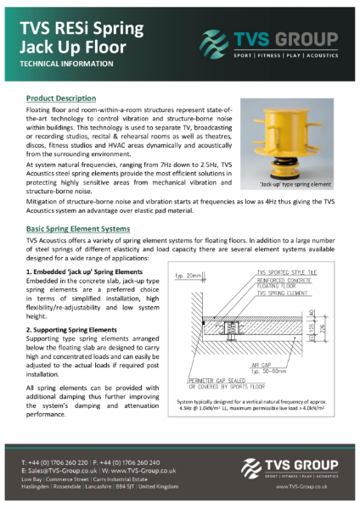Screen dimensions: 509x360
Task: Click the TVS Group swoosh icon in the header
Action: (x=215, y=40)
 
